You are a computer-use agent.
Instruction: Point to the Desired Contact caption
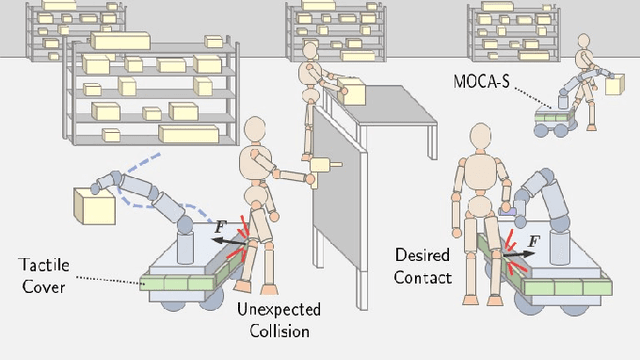coord(421,266)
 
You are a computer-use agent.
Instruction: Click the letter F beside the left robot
coord(219,227)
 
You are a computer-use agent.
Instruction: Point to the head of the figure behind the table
coord(310,50)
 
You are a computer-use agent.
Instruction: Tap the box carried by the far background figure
coord(612,86)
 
